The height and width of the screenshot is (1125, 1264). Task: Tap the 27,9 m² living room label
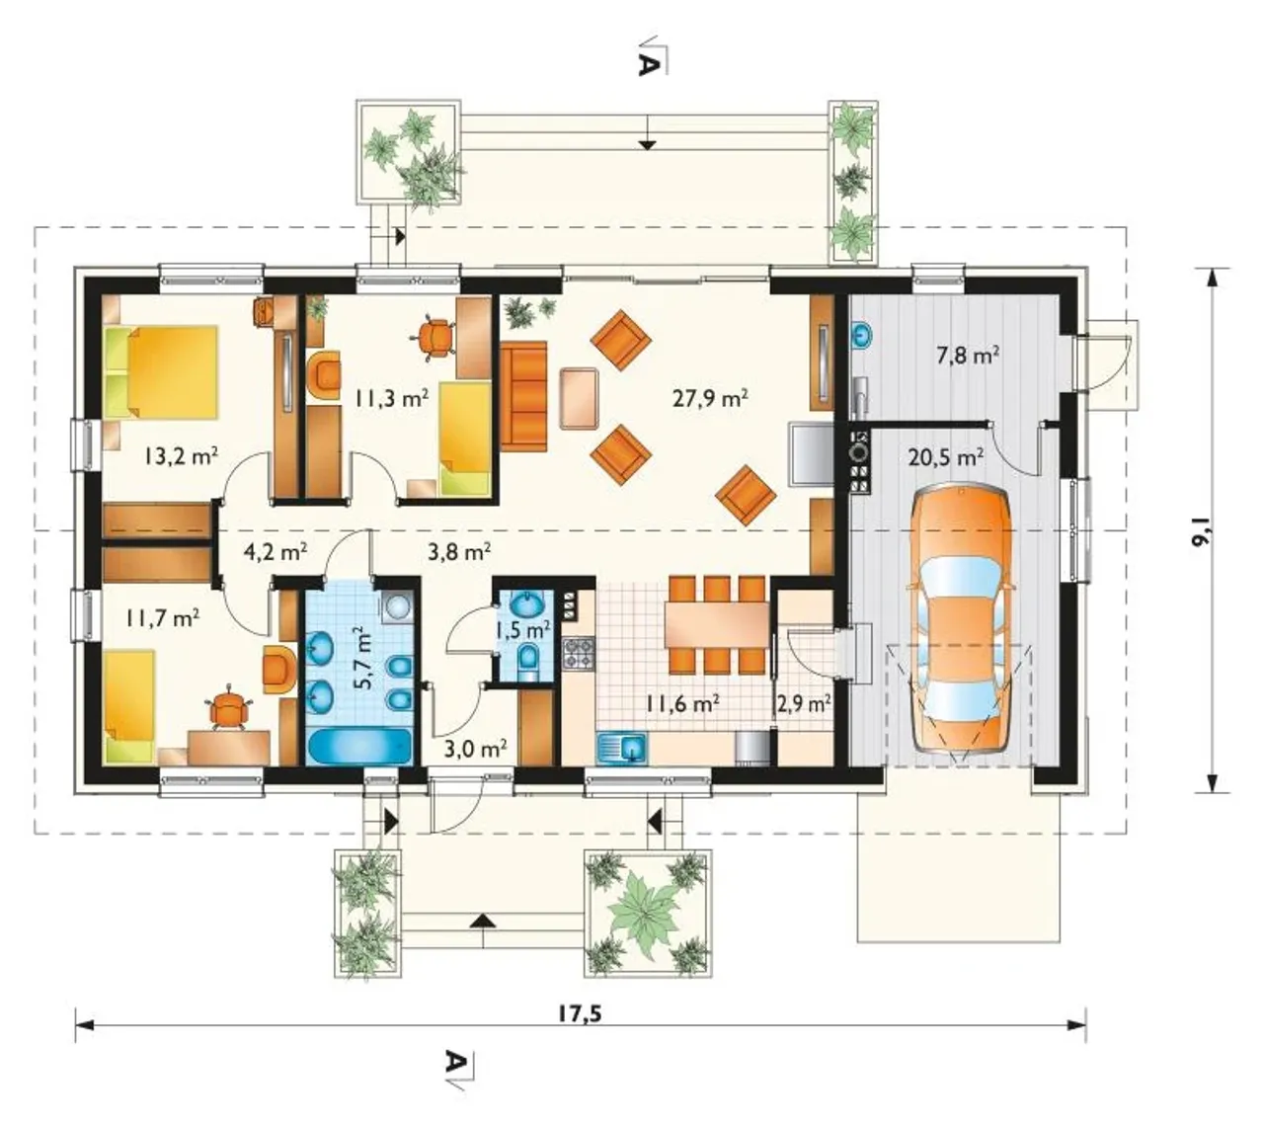pos(710,397)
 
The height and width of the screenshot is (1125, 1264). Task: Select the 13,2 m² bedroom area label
pos(181,456)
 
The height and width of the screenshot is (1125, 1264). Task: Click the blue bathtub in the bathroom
pos(360,745)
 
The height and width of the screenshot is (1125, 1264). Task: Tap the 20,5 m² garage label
pos(946,457)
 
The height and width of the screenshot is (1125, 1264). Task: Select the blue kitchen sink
pos(622,748)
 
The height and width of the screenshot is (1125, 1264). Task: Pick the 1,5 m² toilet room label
pos(522,630)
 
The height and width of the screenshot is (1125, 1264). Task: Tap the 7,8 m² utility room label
pos(968,356)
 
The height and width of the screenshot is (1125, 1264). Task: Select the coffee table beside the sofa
pos(579,398)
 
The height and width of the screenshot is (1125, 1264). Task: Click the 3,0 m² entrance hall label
pos(475,748)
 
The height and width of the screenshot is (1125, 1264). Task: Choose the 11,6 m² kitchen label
pos(683,704)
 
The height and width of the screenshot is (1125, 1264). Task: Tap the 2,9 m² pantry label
pos(804,704)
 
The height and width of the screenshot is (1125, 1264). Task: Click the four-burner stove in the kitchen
pos(580,653)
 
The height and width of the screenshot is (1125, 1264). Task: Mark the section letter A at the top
pos(648,64)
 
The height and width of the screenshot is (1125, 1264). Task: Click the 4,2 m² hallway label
pos(276,551)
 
